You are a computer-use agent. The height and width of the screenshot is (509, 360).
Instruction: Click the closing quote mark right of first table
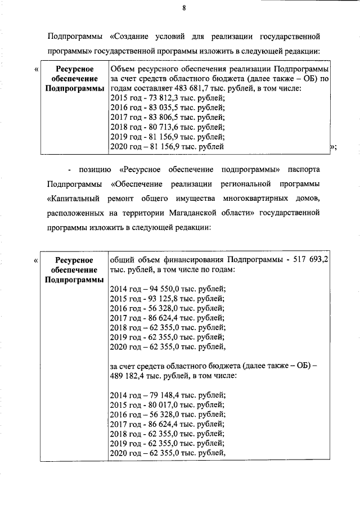(x=332, y=147)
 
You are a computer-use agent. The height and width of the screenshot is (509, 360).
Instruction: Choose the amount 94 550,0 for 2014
(x=164, y=289)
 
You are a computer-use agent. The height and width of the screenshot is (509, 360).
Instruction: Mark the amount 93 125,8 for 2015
(x=164, y=299)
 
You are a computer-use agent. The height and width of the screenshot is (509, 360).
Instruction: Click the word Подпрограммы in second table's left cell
(x=74, y=280)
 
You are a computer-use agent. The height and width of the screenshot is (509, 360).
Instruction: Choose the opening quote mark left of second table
(x=37, y=260)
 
